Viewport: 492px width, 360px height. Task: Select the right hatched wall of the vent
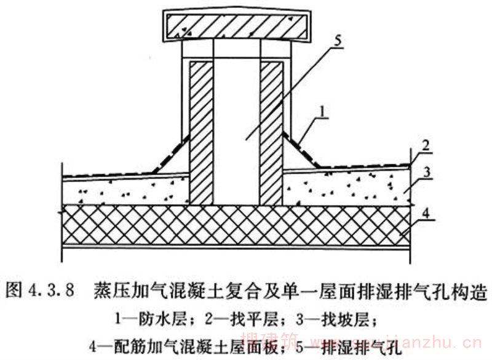(x=271, y=132)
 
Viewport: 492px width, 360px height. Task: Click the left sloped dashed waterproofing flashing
(x=170, y=154)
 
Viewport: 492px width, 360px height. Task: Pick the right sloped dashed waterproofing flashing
(x=301, y=151)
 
